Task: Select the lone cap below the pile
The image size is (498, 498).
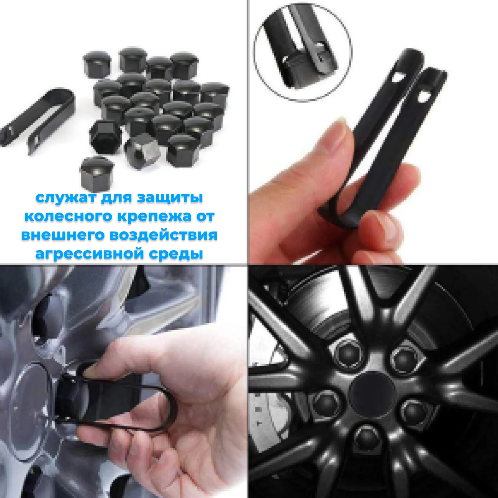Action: [x=93, y=173]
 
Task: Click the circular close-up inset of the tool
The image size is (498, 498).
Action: [x=303, y=52]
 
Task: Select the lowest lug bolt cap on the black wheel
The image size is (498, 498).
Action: [x=367, y=438]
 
